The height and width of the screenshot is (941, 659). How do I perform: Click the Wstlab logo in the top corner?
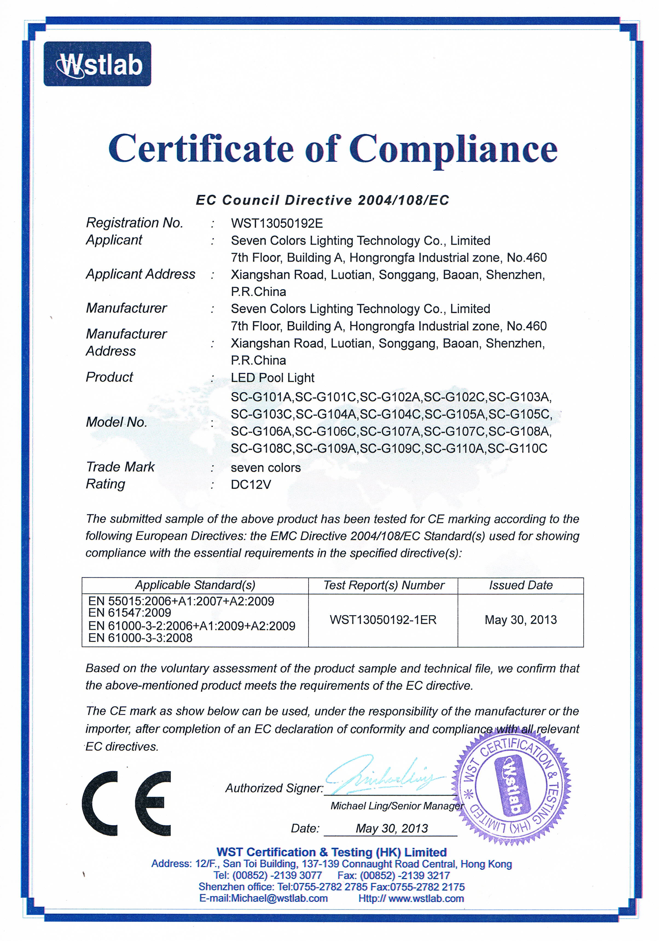click(x=97, y=64)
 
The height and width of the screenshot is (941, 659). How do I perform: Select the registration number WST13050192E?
click(x=277, y=223)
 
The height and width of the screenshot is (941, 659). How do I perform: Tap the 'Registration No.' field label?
click(x=134, y=223)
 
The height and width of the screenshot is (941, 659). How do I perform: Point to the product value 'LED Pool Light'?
click(x=272, y=378)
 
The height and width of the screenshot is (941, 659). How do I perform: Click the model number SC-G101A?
click(x=261, y=397)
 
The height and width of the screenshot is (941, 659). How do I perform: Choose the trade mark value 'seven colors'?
click(x=265, y=468)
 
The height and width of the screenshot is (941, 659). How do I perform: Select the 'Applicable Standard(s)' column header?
click(x=195, y=585)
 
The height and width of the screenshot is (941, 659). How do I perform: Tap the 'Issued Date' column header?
click(x=521, y=585)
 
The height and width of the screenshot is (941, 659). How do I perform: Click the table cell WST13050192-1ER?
click(x=383, y=620)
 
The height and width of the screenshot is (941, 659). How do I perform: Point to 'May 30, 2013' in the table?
click(x=521, y=620)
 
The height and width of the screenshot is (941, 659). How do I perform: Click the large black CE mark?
click(x=126, y=803)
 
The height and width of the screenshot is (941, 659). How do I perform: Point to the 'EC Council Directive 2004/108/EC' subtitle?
click(x=322, y=200)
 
